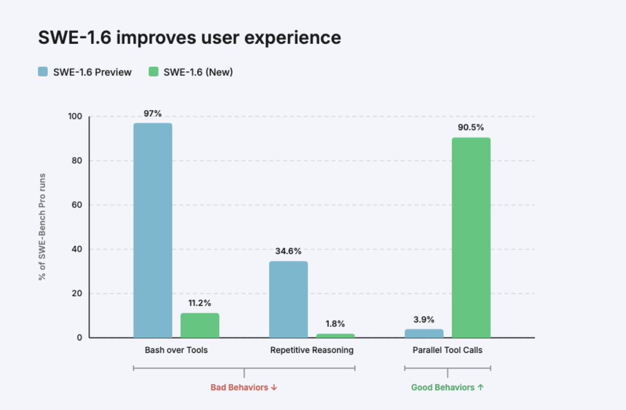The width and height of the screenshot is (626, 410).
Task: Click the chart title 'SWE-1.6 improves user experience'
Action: (189, 38)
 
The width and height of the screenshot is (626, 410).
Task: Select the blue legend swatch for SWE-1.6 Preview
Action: (43, 72)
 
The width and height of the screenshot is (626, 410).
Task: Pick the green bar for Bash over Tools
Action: (200, 325)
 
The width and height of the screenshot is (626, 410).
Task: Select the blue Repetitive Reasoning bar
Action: (288, 300)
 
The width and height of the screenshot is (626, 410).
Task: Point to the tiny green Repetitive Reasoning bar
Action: (335, 336)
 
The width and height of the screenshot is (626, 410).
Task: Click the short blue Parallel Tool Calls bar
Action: (424, 333)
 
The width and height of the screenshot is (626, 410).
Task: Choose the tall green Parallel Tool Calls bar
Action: (471, 238)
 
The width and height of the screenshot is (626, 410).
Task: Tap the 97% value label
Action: (153, 113)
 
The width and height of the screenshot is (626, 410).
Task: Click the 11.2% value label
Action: (200, 303)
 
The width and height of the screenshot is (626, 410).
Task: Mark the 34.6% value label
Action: (288, 251)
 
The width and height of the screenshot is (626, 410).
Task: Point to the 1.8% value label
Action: (335, 324)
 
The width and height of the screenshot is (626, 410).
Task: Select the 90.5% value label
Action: (471, 128)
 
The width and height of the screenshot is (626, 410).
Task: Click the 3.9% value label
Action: (424, 319)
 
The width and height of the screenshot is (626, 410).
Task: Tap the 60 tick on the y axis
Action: (77, 205)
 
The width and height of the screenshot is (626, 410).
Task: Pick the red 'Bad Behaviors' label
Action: (244, 388)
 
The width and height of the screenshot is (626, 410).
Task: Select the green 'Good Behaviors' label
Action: (447, 388)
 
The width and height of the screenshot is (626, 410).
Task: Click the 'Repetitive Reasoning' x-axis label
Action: (311, 350)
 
